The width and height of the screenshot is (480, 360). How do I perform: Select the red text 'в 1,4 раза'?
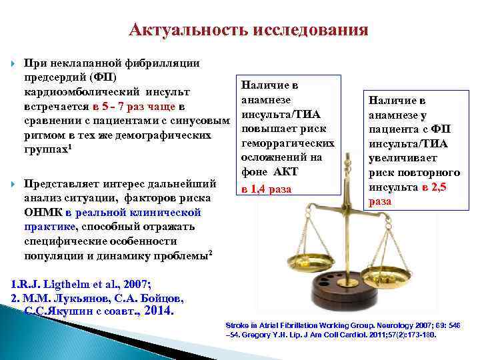[267, 189]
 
